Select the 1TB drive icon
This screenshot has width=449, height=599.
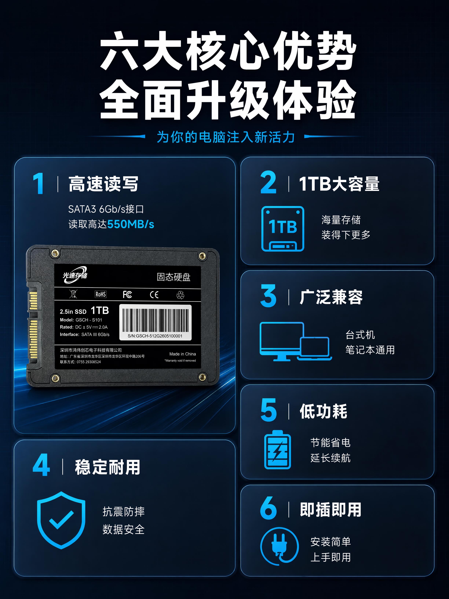pos(283,229)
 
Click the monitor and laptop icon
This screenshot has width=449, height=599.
pos(295,341)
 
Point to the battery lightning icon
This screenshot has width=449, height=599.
pos(277,449)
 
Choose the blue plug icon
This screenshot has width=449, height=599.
pos(279,546)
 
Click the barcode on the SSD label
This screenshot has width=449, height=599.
pos(155,321)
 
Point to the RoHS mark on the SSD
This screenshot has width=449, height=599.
pos(100,294)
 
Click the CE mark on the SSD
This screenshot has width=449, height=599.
pos(154,295)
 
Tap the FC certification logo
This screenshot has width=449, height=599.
pos(127,294)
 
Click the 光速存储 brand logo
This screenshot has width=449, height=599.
pos(75,275)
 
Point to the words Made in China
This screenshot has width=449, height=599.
pos(183,354)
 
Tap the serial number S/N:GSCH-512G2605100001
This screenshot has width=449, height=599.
pos(155,336)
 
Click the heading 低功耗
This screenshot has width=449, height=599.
pos(323,411)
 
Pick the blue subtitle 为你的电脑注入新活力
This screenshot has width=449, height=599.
pos(226,137)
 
